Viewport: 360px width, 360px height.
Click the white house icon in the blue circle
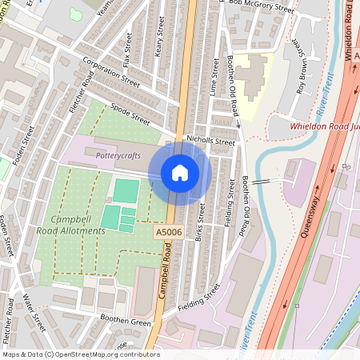click(180, 173)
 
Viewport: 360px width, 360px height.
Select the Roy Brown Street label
click(302, 63)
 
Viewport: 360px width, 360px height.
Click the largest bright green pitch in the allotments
click(126, 190)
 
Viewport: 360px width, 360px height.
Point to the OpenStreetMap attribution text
click(80, 354)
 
